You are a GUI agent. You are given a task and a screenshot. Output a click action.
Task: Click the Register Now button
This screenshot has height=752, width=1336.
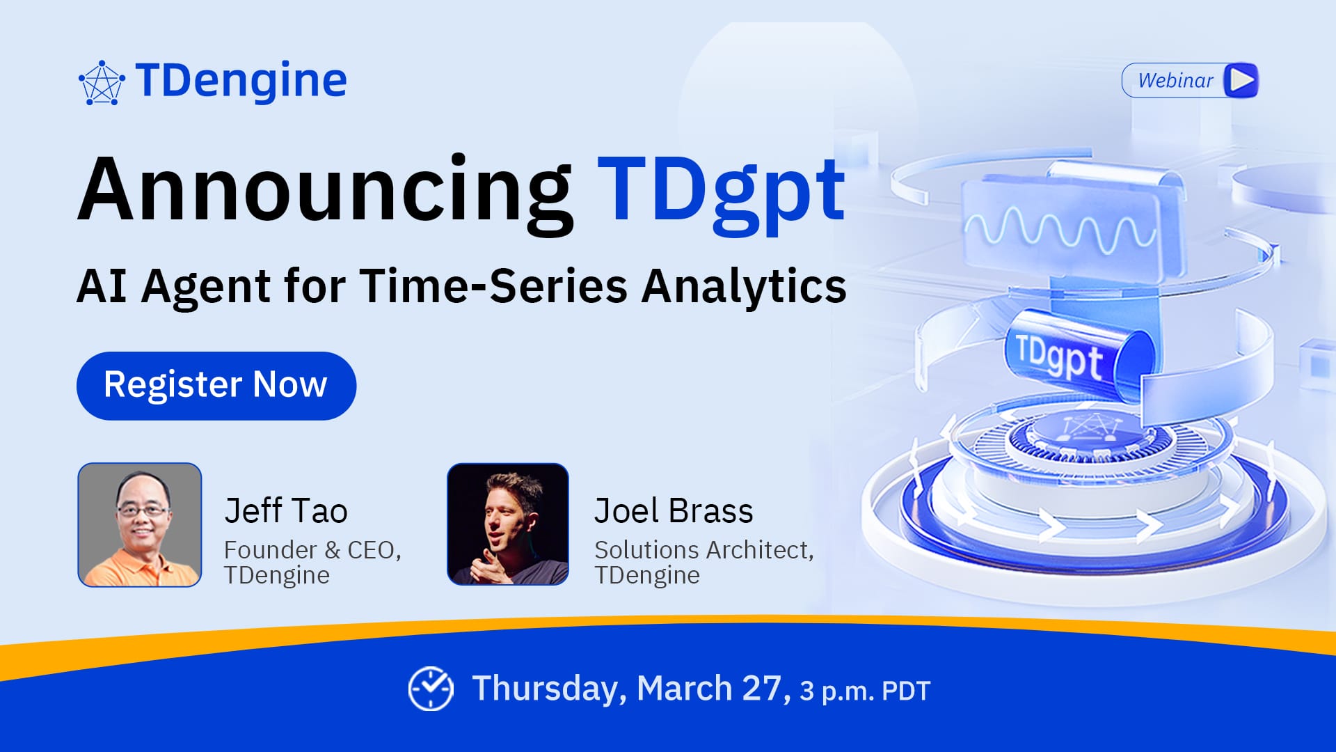pos(216,386)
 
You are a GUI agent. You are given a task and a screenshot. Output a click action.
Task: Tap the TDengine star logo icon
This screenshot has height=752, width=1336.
pos(102,83)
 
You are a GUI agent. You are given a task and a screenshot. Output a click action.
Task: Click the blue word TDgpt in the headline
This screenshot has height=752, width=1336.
pos(722,192)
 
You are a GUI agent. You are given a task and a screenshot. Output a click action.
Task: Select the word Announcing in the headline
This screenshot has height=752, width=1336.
pos(326,192)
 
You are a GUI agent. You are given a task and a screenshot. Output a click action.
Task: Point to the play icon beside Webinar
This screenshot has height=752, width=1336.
pos(1241,80)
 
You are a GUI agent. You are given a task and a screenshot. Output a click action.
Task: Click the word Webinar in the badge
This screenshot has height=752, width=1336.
pos(1175,81)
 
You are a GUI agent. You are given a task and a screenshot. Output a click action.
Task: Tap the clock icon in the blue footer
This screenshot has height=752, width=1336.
pos(431,689)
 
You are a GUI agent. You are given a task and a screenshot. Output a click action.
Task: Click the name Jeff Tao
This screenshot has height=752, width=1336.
pos(286,510)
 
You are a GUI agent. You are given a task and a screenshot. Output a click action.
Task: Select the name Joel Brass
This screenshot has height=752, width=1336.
pos(674,510)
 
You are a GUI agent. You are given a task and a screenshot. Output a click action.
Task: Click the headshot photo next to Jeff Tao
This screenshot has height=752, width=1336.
pos(140,525)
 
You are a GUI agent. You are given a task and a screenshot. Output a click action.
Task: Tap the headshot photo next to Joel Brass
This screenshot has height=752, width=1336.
pos(508,524)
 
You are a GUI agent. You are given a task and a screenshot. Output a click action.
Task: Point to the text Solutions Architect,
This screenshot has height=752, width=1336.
pos(704,550)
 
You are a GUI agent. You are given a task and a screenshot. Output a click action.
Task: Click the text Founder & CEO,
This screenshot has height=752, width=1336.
pos(312,550)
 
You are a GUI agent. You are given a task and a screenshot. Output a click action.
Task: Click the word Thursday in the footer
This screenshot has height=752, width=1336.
pos(544,689)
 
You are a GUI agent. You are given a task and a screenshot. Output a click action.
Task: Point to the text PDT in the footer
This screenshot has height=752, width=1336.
pos(906,691)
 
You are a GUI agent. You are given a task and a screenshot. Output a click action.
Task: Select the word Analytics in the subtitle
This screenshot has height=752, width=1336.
pos(744,287)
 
